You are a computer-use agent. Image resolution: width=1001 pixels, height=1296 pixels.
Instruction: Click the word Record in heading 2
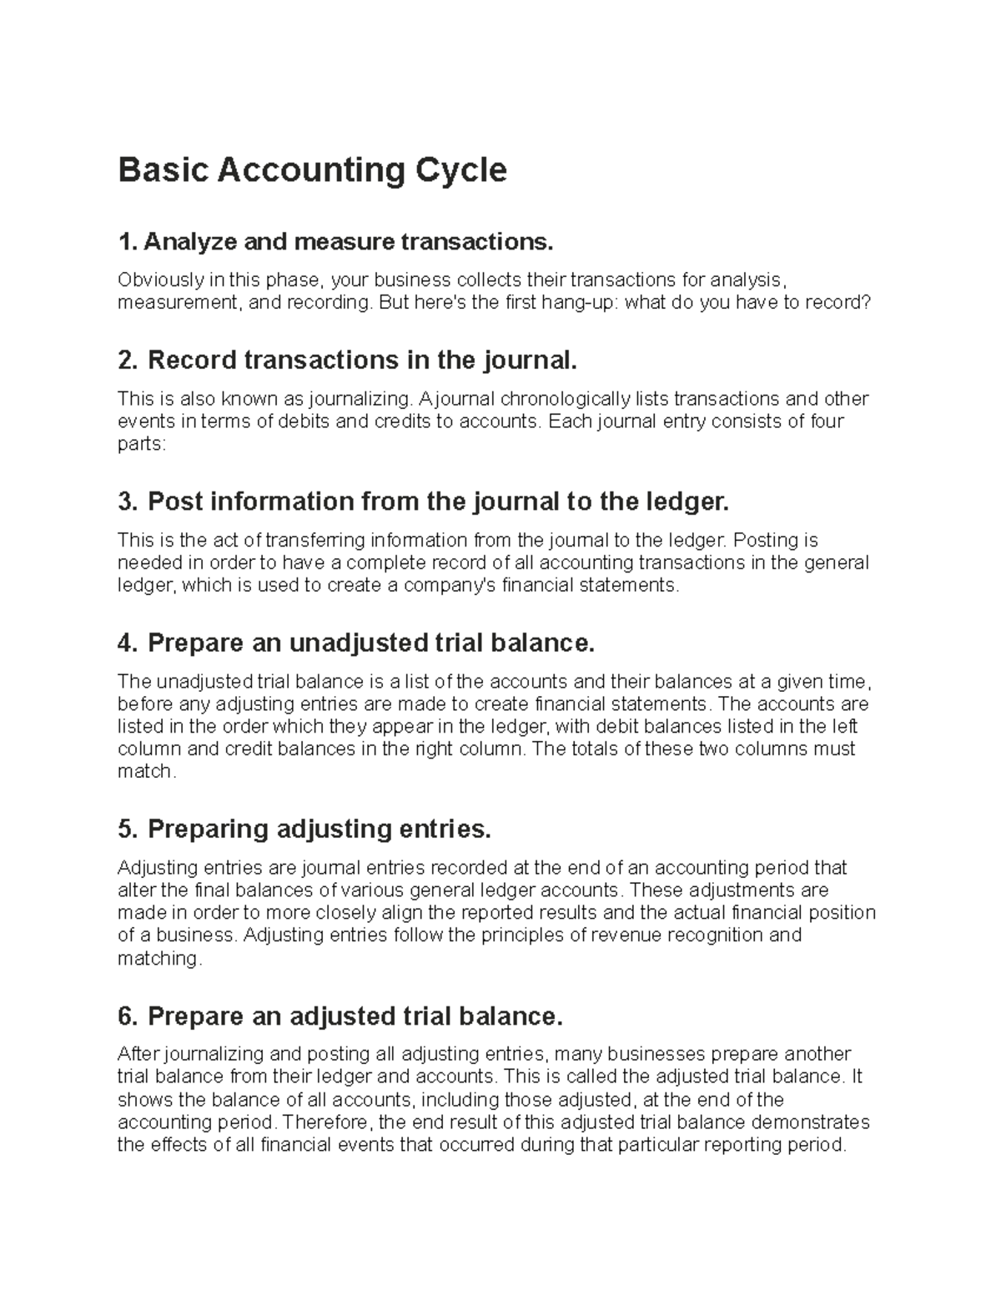point(191,361)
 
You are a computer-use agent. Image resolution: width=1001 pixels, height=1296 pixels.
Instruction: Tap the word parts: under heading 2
point(142,444)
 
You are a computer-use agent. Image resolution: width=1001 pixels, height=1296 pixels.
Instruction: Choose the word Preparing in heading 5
point(208,830)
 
